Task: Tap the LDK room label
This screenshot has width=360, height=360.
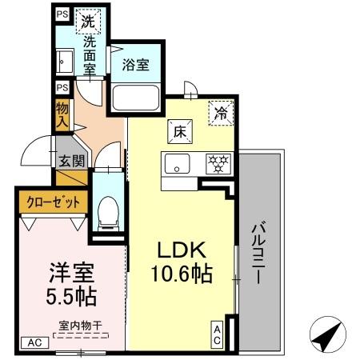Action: point(182,249)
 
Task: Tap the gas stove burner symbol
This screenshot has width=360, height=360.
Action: point(217,163)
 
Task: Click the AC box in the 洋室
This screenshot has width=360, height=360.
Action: point(34,342)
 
